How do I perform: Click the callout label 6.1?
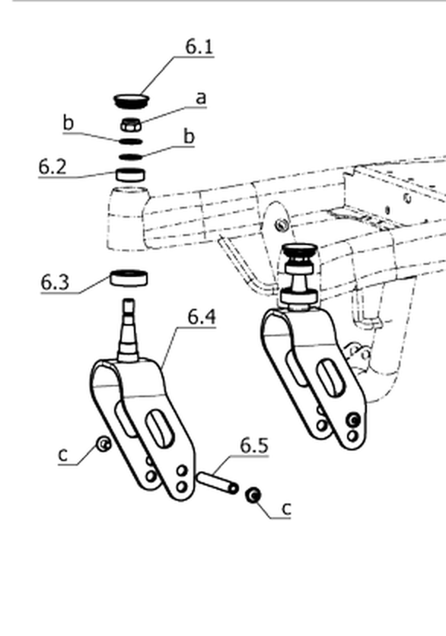199,46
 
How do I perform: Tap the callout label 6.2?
53,167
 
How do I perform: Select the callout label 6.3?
56,282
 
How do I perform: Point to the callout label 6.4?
202,316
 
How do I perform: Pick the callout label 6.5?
254,445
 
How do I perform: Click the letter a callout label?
201,98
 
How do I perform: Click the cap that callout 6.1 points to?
131,100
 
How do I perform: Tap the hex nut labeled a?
131,125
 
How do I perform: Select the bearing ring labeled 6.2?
130,174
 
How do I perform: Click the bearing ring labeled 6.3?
129,278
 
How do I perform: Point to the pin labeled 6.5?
218,482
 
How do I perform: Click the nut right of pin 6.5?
253,494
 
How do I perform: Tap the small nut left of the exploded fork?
104,444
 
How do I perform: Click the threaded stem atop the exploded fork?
129,329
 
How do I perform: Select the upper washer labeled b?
131,142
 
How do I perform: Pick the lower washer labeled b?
131,157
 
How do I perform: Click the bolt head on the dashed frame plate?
280,224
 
